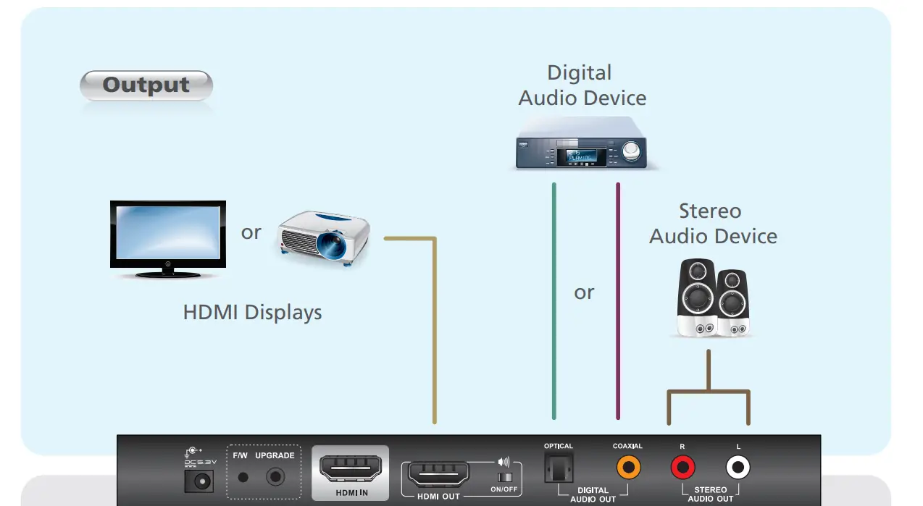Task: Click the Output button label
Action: tap(146, 85)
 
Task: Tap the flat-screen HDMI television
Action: tap(167, 238)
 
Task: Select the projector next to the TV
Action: tap(324, 237)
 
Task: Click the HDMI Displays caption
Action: tap(252, 313)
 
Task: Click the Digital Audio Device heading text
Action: tap(582, 85)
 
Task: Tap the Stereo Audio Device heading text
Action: tap(712, 224)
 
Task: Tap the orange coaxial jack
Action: tap(628, 468)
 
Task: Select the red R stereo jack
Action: tap(682, 468)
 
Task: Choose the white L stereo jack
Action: tap(738, 468)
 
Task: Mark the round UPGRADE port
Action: tap(275, 477)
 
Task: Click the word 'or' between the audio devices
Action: tap(584, 292)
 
